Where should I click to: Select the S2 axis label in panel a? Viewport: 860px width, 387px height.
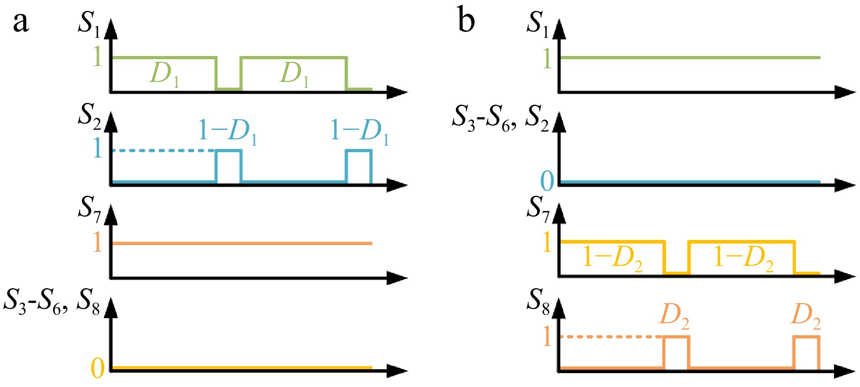click(x=89, y=116)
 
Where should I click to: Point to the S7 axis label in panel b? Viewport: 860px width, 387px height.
click(x=538, y=209)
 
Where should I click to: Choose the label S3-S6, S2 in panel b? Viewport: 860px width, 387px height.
click(x=501, y=117)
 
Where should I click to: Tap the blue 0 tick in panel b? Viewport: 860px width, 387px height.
click(x=547, y=181)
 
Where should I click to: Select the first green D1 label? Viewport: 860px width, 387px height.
click(x=164, y=74)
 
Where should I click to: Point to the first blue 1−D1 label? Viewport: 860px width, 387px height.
click(x=228, y=132)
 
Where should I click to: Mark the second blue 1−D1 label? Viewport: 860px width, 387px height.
click(x=359, y=132)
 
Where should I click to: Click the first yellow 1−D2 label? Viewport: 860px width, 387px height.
click(x=612, y=259)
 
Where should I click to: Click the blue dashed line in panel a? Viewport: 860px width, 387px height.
click(x=164, y=150)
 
